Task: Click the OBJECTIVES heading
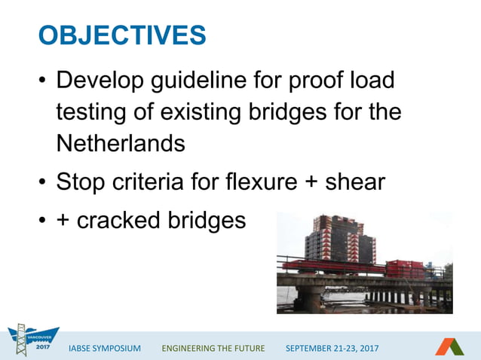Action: (122, 35)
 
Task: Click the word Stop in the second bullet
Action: (82, 182)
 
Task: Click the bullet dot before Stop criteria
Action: (42, 182)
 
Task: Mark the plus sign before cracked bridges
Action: (64, 221)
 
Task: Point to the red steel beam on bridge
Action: (332, 266)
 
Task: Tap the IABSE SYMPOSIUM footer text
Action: (104, 348)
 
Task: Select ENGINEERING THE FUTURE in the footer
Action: (213, 348)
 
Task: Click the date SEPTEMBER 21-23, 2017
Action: (332, 348)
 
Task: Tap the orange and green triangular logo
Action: (449, 346)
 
